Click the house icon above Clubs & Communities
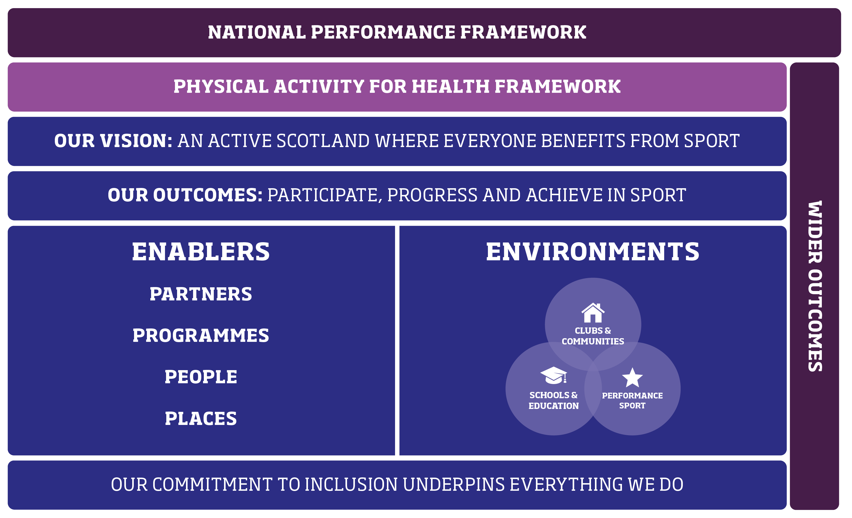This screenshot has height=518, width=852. pyautogui.click(x=593, y=313)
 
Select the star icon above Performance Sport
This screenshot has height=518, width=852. pyautogui.click(x=632, y=378)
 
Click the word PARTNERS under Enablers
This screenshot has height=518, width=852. pyautogui.click(x=201, y=294)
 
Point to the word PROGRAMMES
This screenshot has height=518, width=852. pyautogui.click(x=201, y=336)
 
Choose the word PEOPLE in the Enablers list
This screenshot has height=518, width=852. pyautogui.click(x=201, y=377)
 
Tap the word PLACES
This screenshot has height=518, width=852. pyautogui.click(x=201, y=418)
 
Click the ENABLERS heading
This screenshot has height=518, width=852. pyautogui.click(x=201, y=252)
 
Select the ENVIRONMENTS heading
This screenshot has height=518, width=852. pyautogui.click(x=593, y=252)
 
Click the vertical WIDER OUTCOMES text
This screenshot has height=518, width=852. pyautogui.click(x=815, y=286)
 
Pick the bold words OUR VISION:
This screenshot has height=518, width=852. pyautogui.click(x=113, y=141)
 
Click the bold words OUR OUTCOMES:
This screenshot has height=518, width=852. pyautogui.click(x=185, y=195)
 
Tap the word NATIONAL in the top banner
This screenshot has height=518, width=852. pyautogui.click(x=257, y=33)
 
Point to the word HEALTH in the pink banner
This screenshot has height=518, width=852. pyautogui.click(x=452, y=87)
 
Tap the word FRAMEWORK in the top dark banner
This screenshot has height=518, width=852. pyautogui.click(x=523, y=33)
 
